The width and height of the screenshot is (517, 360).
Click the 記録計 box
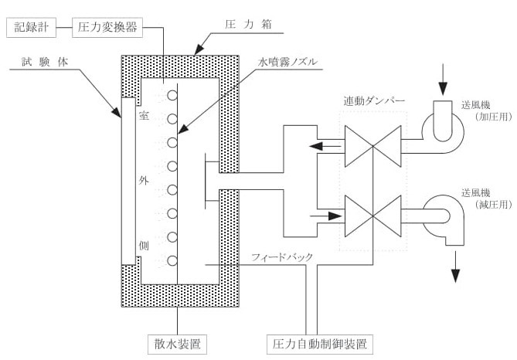click(31, 28)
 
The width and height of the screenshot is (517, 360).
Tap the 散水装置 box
click(177, 341)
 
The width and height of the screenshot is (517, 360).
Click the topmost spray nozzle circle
click(172, 96)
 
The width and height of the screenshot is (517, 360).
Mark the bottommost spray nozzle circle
click(172, 261)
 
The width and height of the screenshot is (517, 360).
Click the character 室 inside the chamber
click(143, 117)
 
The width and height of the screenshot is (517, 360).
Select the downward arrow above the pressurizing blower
click(443, 80)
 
